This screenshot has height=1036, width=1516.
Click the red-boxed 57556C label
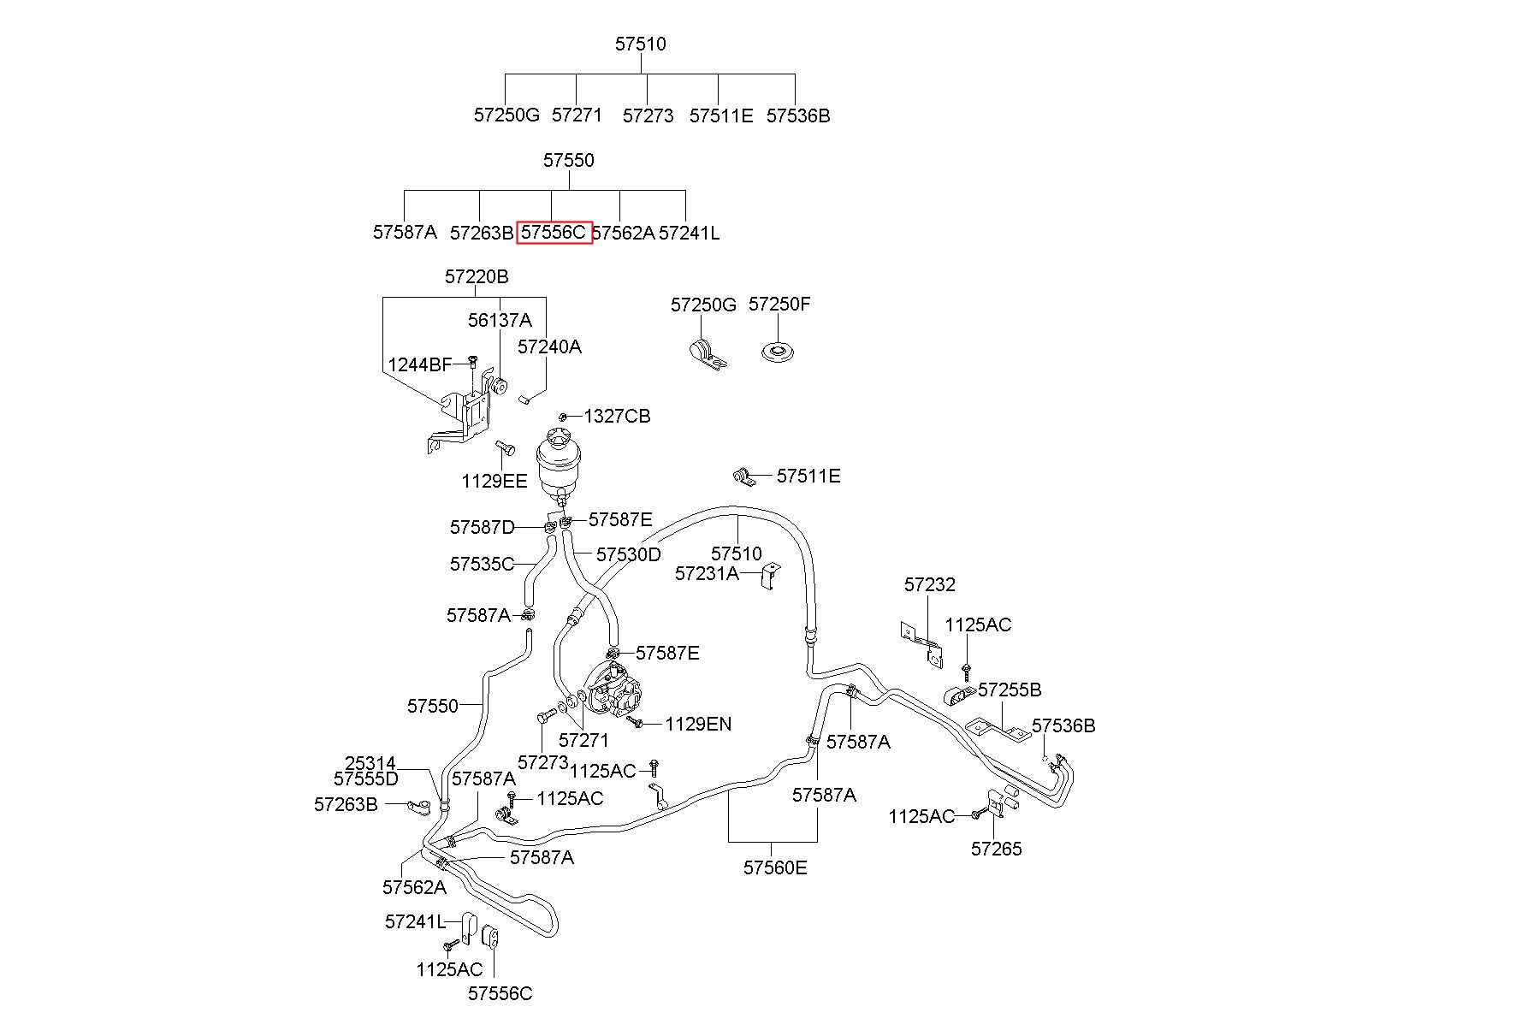pyautogui.click(x=554, y=232)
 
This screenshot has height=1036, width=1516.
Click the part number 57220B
pyautogui.click(x=477, y=277)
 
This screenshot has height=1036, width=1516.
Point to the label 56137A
pyautogui.click(x=500, y=320)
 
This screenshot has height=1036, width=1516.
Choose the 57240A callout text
pyautogui.click(x=549, y=346)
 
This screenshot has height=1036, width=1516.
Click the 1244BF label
pyautogui.click(x=420, y=365)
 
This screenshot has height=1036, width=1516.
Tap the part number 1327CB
pyautogui.click(x=617, y=417)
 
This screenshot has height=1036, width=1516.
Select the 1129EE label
pyautogui.click(x=494, y=481)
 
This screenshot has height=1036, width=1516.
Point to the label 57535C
pyautogui.click(x=482, y=565)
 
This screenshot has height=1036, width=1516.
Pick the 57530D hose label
pyautogui.click(x=629, y=554)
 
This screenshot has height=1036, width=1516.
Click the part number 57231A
pyautogui.click(x=707, y=573)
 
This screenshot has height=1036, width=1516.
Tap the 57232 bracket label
pyautogui.click(x=930, y=585)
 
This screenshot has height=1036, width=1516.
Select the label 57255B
pyautogui.click(x=1010, y=690)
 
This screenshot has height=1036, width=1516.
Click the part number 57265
pyautogui.click(x=997, y=849)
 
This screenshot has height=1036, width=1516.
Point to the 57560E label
pyautogui.click(x=775, y=867)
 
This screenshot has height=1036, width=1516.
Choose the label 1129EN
pyautogui.click(x=699, y=725)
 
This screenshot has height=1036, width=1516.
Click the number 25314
pyautogui.click(x=370, y=763)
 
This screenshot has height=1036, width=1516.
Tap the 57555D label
pyautogui.click(x=366, y=778)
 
